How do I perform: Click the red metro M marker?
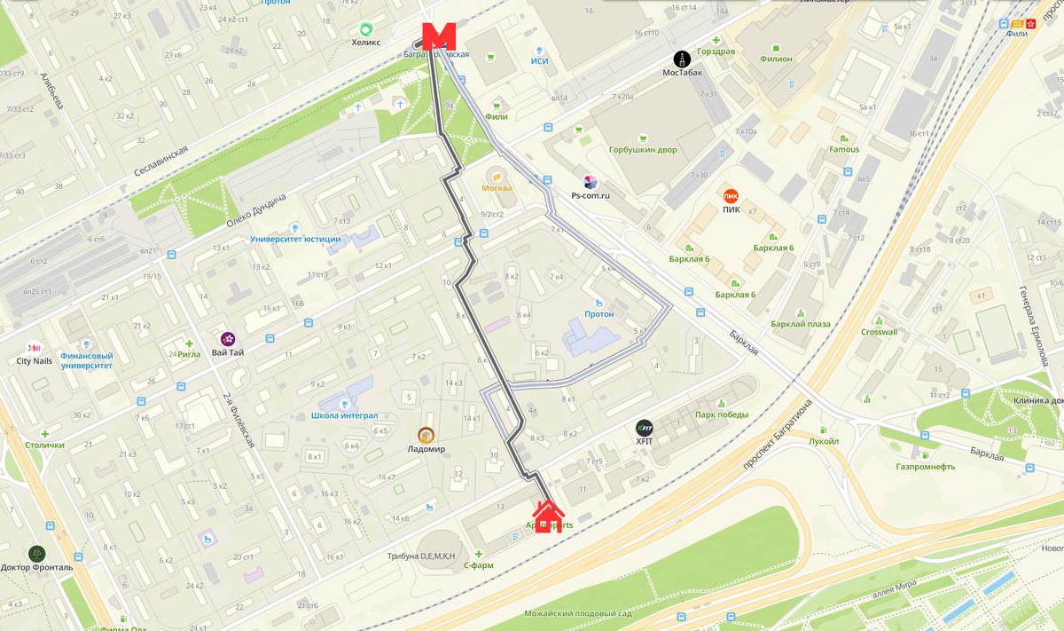coord(438,36)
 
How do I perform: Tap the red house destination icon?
coord(548,516)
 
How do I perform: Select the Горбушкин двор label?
coord(643,150)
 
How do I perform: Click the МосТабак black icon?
coord(682,59)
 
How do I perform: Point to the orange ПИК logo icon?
coord(731,196)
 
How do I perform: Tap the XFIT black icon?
coord(645,428)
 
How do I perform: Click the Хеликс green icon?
coord(365,28)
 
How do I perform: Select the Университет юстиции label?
coord(295,239)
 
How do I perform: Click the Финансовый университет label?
coord(86,359)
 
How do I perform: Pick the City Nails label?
coord(35,361)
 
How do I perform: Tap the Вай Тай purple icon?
coord(228,338)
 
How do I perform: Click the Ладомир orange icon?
coord(426,435)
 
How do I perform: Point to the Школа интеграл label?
coord(345,415)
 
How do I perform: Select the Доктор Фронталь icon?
coord(36,553)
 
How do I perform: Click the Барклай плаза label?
coord(800,324)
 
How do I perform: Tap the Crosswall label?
coord(879,332)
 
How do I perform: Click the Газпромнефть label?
coord(925,466)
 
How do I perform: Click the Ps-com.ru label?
coord(591,195)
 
